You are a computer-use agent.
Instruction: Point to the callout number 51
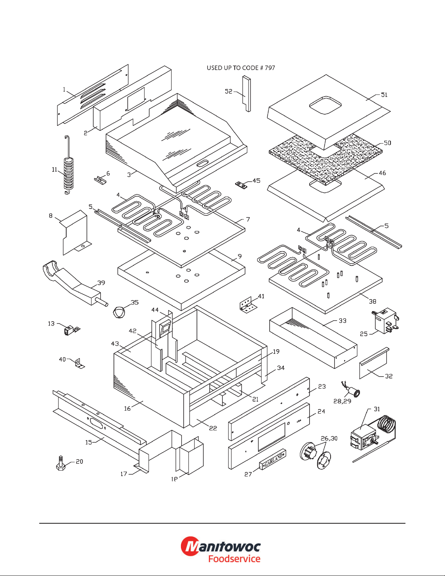(x=384, y=95)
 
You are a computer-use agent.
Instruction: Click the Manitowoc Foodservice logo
(x=221, y=550)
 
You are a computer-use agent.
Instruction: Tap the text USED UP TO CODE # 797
(x=241, y=68)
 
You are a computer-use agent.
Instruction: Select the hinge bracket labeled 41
(x=248, y=305)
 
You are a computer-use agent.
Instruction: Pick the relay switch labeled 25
(x=385, y=320)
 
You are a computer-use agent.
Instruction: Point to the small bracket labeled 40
(x=78, y=363)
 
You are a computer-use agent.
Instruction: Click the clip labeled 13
(x=70, y=330)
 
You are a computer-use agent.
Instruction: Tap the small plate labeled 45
(x=241, y=185)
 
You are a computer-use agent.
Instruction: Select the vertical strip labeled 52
(x=247, y=93)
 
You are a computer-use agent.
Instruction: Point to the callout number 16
(x=127, y=408)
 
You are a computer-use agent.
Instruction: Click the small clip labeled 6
(x=100, y=180)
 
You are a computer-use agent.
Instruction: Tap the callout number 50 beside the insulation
(x=388, y=143)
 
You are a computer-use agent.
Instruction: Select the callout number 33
(x=343, y=321)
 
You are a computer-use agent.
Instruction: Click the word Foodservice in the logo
(x=234, y=559)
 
